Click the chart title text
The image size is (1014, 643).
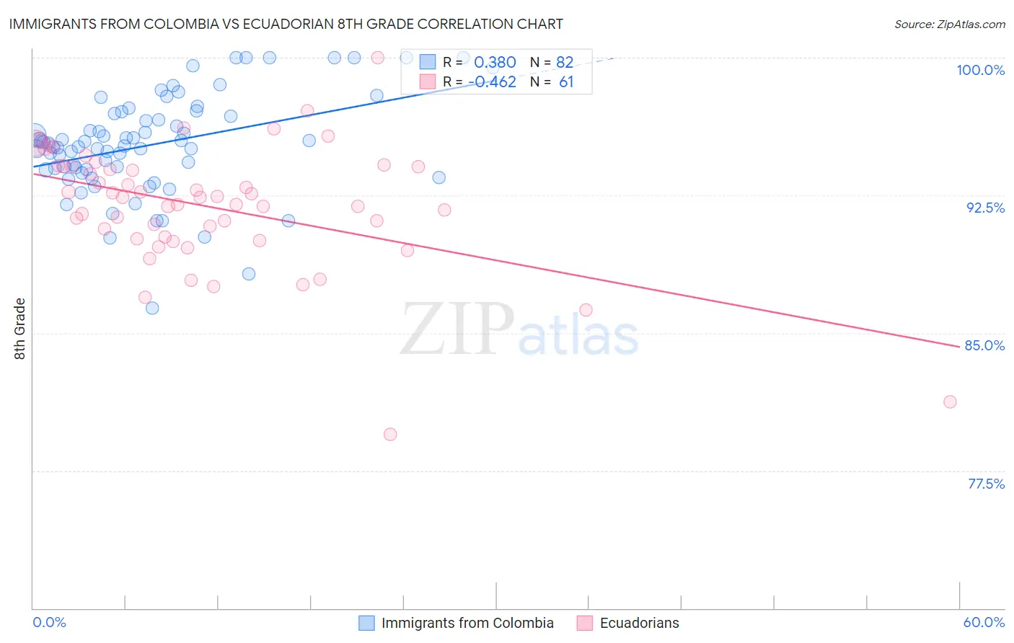pos(286,24)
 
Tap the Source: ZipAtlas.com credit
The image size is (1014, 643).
pos(949,24)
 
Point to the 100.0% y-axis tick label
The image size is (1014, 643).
pos(980,70)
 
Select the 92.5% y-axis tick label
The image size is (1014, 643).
pos(985,208)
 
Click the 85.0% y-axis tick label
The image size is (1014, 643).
pos(984,345)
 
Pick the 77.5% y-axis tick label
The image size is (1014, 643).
pos(986,484)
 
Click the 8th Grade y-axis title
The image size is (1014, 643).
pos(20,329)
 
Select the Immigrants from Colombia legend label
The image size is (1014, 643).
pos(467,623)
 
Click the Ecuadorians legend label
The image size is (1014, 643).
pos(639,623)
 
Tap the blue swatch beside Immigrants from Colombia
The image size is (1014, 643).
pos(366,623)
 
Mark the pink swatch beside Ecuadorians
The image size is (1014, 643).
pos(585,623)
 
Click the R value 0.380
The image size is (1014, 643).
pos(495,63)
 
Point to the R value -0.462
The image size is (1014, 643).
pos(495,82)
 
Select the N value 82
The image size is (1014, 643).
pos(565,63)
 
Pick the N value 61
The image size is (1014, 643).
pos(566,82)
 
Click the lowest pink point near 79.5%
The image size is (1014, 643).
pos(390,434)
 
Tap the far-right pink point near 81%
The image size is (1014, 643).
pos(950,402)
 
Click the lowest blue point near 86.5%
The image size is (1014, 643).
pos(152,308)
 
